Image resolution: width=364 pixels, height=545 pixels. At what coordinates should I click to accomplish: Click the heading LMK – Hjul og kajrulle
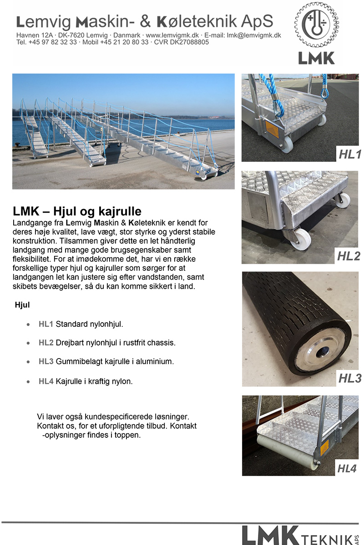[77, 211]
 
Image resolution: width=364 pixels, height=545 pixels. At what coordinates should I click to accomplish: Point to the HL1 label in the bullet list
[46, 324]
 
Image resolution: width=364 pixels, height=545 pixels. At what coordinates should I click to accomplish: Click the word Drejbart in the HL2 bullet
[69, 343]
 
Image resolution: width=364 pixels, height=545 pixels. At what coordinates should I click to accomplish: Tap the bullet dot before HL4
[29, 381]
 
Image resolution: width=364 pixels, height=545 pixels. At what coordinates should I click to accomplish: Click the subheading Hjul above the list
[22, 305]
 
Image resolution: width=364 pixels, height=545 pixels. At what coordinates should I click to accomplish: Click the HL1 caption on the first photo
[349, 155]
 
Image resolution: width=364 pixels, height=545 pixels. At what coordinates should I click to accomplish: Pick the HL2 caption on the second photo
[349, 256]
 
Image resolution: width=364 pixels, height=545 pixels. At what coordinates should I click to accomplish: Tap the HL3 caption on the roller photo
[349, 378]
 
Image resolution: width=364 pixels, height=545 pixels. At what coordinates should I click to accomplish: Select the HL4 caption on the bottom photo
[347, 468]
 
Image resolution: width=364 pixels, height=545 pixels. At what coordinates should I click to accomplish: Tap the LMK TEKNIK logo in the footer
[300, 535]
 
